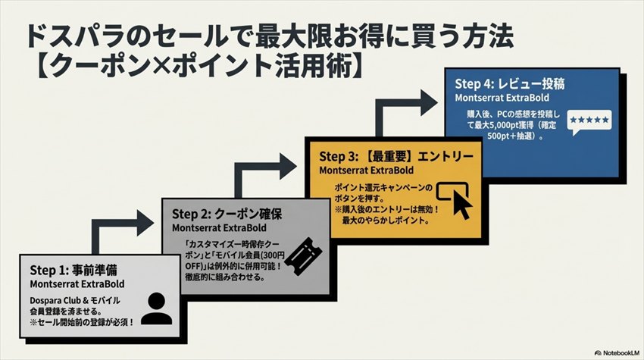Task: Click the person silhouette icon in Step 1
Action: click(158, 305)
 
